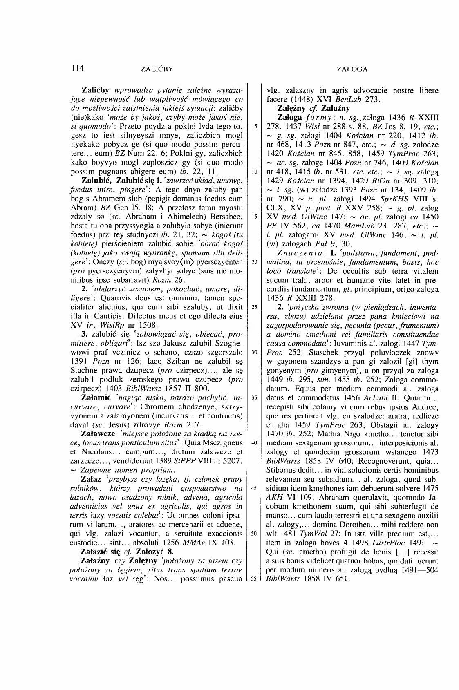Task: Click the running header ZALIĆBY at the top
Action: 157,69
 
